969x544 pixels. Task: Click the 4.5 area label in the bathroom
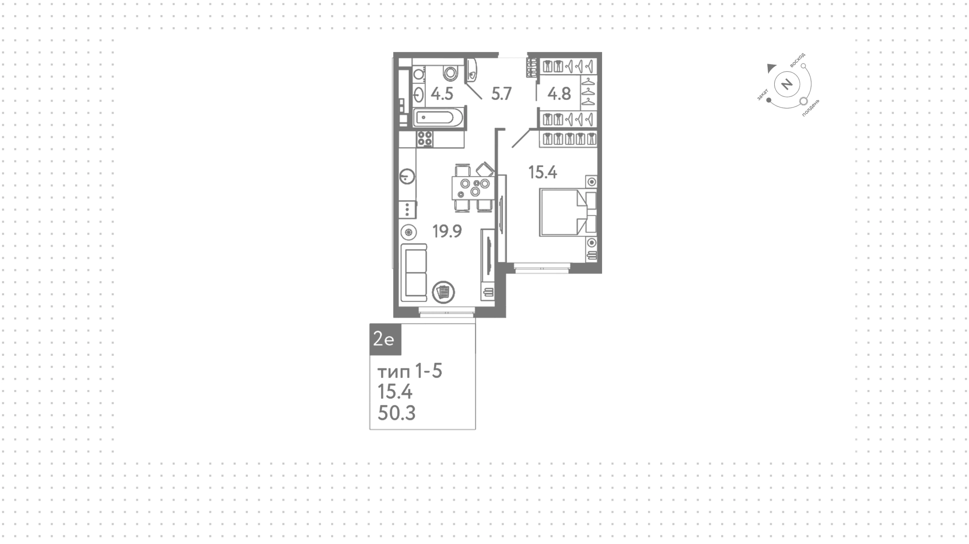(x=442, y=94)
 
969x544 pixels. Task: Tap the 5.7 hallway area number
(x=502, y=94)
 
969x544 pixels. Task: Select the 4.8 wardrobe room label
(x=559, y=94)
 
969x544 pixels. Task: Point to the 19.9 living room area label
(x=447, y=231)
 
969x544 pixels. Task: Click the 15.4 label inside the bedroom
(x=543, y=173)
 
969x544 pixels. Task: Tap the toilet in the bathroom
(x=451, y=73)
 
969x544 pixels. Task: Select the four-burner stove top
(x=425, y=138)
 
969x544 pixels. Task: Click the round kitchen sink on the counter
(x=407, y=177)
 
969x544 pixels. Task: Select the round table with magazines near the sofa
(x=444, y=292)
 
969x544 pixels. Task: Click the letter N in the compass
(x=786, y=84)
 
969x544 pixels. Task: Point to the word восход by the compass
(x=798, y=61)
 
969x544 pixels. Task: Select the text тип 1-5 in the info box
(x=410, y=372)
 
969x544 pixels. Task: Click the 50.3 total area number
(x=397, y=413)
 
